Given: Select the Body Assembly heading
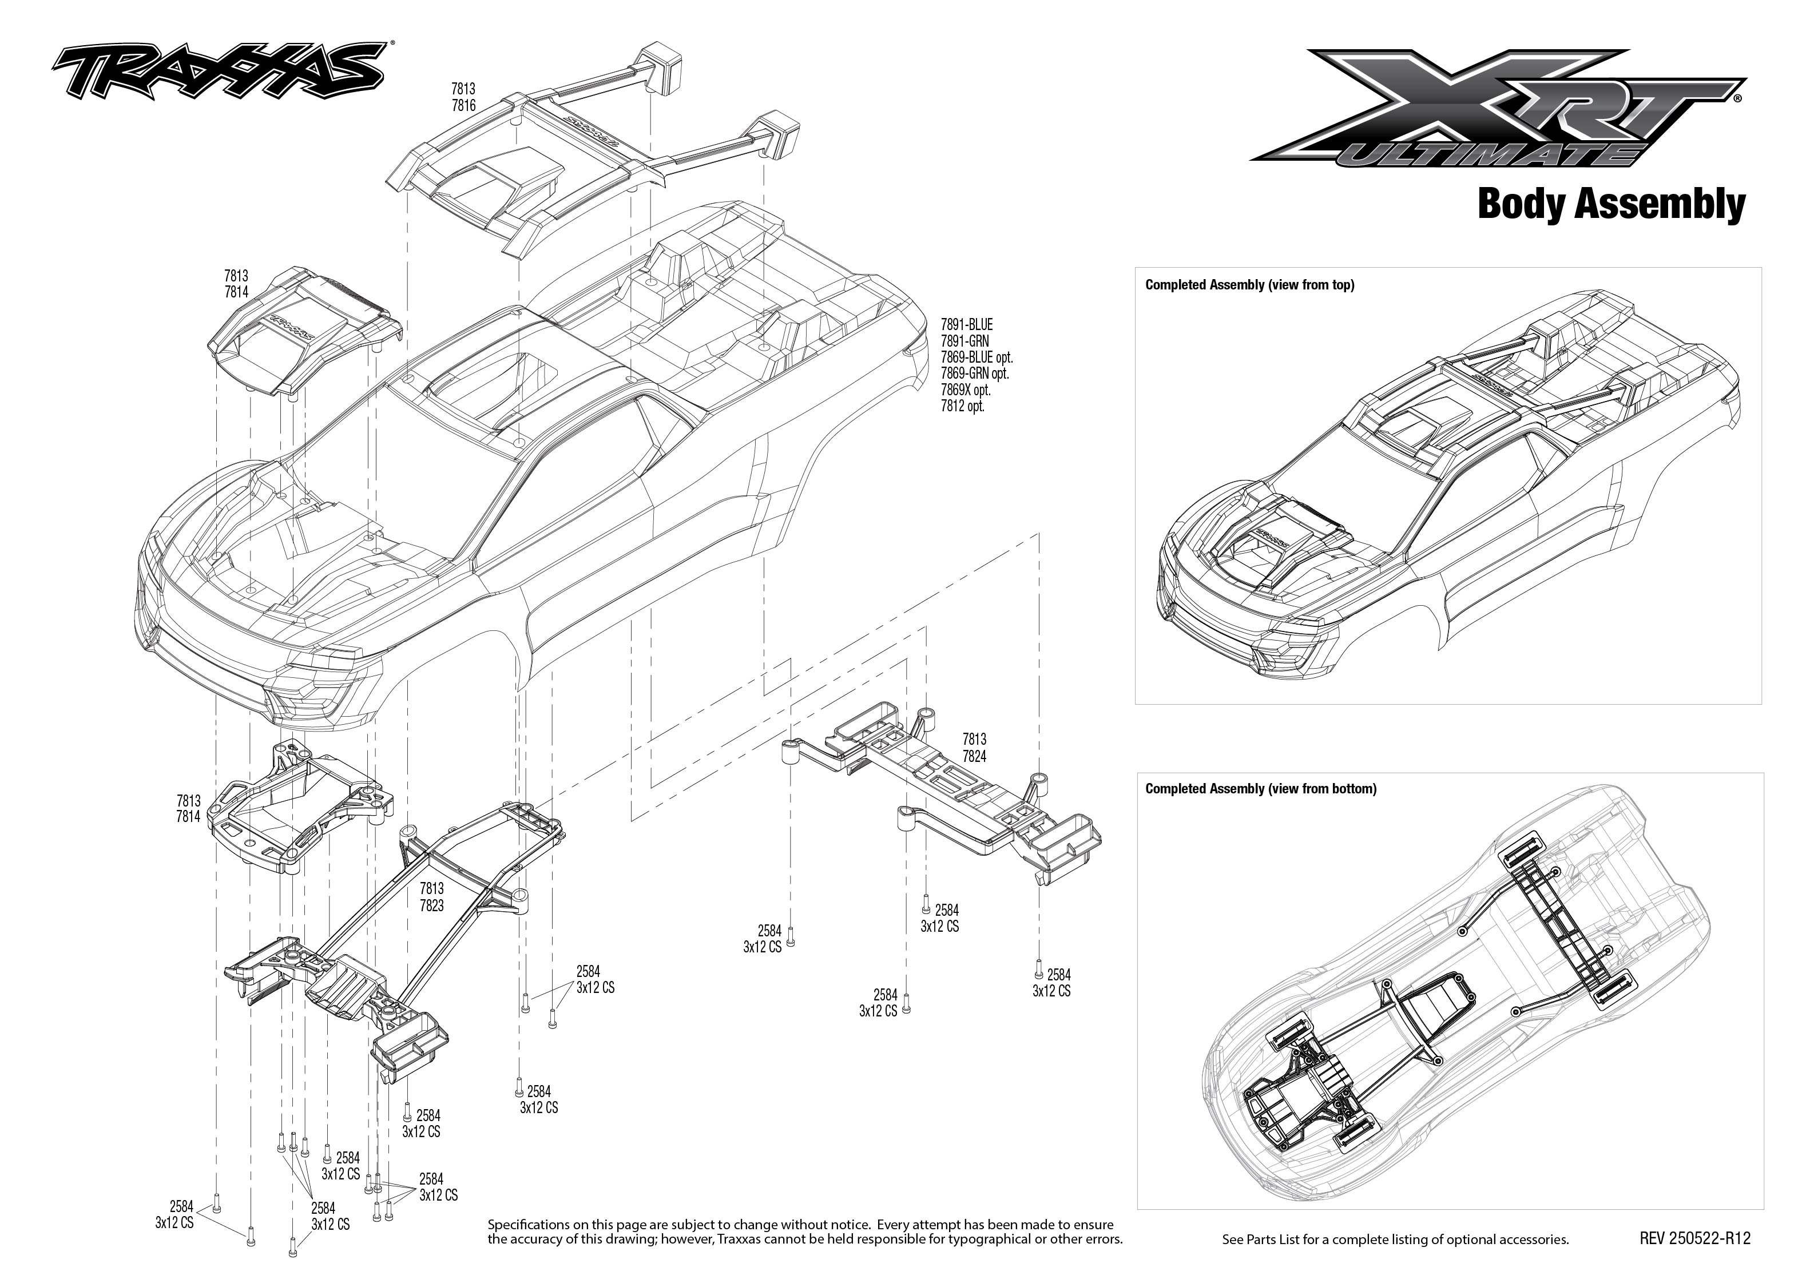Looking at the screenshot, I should (1611, 204).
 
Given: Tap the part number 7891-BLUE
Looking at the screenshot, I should (967, 325).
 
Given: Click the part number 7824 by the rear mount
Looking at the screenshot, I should (974, 756).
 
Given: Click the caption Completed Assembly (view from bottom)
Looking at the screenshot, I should (1261, 789).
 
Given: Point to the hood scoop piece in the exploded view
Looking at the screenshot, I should (305, 333).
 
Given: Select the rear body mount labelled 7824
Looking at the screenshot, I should (951, 800).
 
